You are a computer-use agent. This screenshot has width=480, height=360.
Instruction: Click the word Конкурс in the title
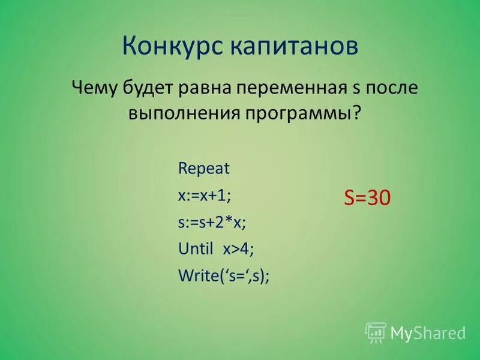point(167,46)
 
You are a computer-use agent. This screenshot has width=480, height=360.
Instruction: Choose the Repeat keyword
point(204,169)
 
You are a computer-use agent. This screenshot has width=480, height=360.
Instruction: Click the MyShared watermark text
point(428,332)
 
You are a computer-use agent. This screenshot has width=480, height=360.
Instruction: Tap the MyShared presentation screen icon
point(376,332)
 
